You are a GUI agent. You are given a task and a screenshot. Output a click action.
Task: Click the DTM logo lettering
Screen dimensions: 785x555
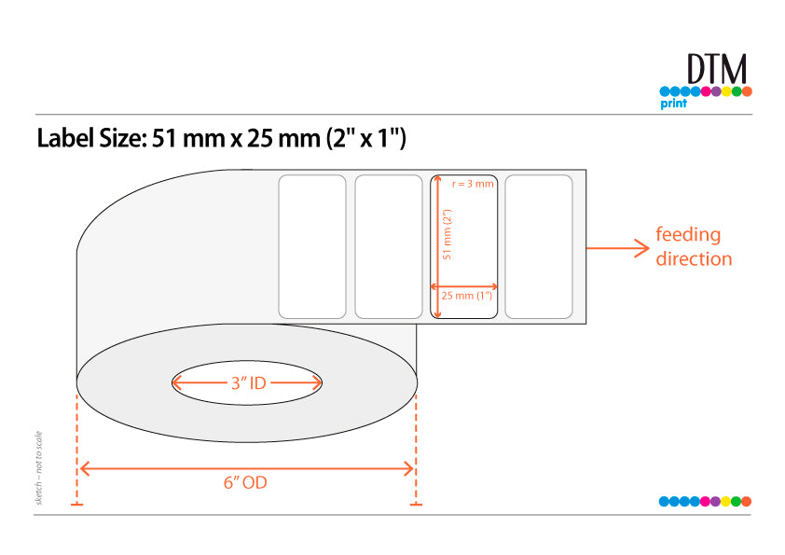717,69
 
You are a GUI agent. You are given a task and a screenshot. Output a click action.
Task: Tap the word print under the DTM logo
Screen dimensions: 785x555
673,104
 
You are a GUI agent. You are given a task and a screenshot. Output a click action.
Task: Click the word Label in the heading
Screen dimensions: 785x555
65,138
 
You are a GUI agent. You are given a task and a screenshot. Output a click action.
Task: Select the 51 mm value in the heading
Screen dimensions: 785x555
188,138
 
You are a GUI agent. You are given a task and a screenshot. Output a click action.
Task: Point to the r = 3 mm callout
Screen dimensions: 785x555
473,184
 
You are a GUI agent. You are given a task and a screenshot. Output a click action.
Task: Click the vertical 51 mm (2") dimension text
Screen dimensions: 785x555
448,234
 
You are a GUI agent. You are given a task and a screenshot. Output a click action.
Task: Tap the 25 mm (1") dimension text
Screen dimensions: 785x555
466,296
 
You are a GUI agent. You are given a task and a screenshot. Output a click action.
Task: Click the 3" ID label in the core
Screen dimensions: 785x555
248,383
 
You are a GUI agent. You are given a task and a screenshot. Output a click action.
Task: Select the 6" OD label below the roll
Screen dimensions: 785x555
245,482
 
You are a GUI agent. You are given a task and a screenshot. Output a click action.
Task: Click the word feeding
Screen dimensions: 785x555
688,235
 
